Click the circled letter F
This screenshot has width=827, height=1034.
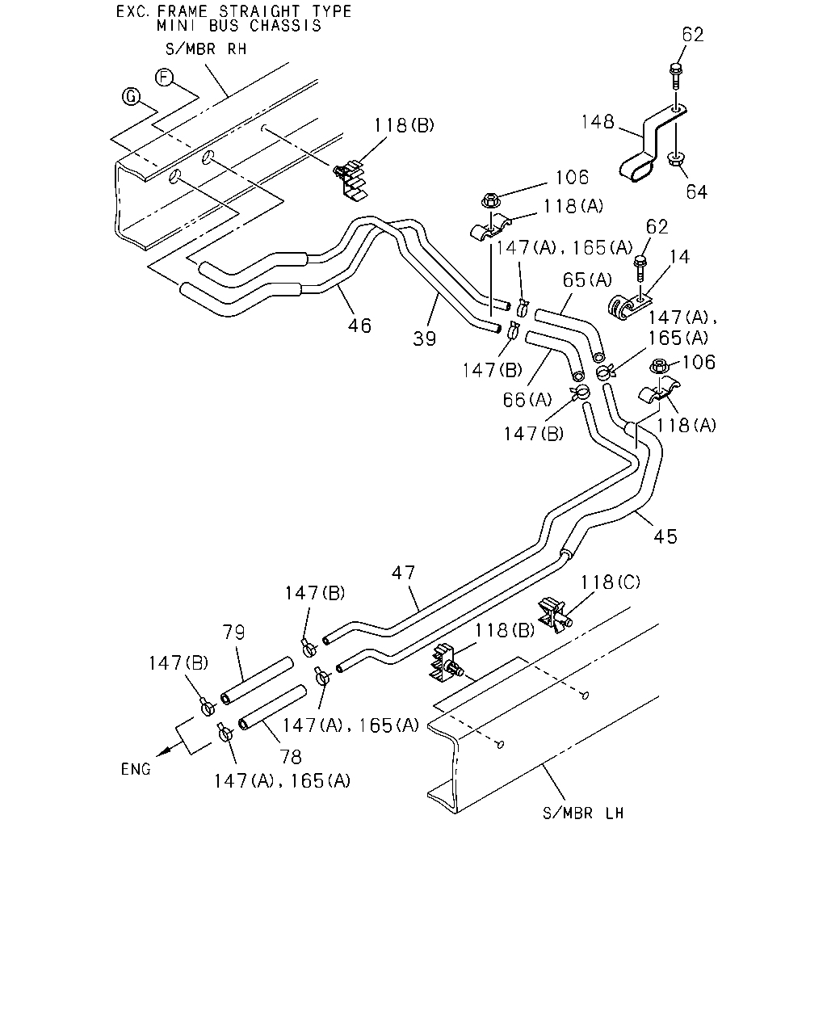[x=164, y=78]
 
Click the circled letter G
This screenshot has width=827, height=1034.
[x=131, y=97]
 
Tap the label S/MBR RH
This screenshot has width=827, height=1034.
[x=206, y=49]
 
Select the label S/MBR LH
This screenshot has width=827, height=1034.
[x=583, y=813]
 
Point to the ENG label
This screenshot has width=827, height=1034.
[x=136, y=769]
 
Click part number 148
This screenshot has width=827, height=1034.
[x=598, y=121]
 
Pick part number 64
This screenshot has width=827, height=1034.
[x=696, y=191]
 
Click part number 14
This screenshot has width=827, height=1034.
[x=679, y=257]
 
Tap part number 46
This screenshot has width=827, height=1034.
[x=359, y=326]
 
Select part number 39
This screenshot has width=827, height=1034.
[x=424, y=338]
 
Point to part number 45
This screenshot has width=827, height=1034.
[x=665, y=536]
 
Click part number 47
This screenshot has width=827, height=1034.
[x=403, y=572]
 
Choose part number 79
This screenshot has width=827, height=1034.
[x=233, y=632]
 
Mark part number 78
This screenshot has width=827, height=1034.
[x=291, y=757]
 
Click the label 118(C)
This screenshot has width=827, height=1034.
[x=611, y=582]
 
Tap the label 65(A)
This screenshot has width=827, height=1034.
[x=587, y=280]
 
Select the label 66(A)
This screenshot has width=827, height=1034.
[x=527, y=399]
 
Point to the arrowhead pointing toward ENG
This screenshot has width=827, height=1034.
[x=164, y=751]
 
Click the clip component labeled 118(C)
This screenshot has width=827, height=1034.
[x=554, y=615]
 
